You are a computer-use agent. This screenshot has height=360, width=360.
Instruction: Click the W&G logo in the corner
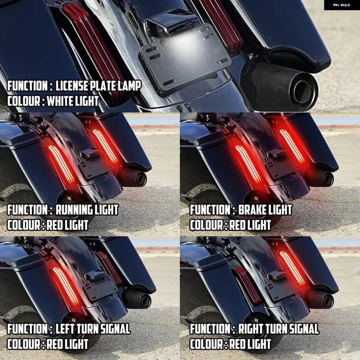(x=342, y=5)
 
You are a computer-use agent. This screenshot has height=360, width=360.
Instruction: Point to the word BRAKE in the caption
(x=249, y=210)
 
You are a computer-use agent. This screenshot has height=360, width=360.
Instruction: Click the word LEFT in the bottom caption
(x=65, y=329)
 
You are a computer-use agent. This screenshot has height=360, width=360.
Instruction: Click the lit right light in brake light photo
(x=292, y=146)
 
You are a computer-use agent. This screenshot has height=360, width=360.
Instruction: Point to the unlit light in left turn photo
(x=110, y=268)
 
